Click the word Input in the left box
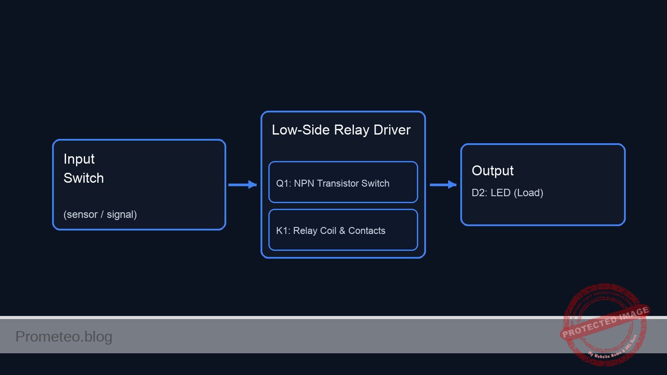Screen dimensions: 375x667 tap(79, 159)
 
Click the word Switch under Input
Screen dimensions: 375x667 tap(83, 178)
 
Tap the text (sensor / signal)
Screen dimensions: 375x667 tap(100, 214)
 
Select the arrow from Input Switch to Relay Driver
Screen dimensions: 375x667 tap(242, 185)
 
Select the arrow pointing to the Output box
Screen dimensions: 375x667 tap(443, 185)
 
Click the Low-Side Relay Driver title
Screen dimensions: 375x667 tap(341, 130)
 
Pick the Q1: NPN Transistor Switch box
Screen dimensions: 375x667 tap(343, 182)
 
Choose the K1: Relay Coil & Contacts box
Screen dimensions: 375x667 tap(343, 230)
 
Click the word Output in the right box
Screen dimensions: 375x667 tap(492, 171)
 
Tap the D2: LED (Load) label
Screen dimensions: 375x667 tap(507, 193)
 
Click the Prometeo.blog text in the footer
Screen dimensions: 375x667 tap(64, 337)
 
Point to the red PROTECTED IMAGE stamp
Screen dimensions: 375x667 tap(605, 323)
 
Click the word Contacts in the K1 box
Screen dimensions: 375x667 tap(367, 231)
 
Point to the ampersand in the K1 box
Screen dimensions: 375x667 tap(342, 231)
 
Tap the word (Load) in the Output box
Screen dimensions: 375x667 tap(528, 193)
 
